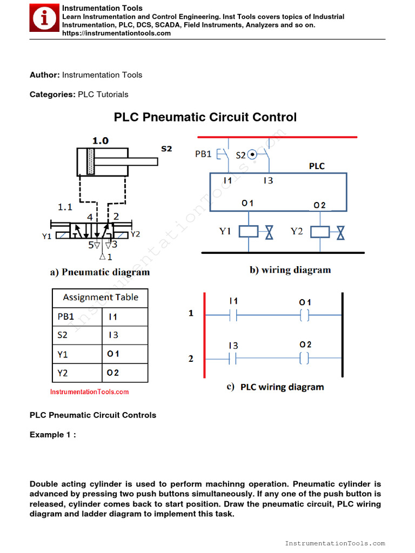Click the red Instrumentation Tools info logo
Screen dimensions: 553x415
pyautogui.click(x=45, y=19)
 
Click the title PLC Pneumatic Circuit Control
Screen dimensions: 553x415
pyautogui.click(x=205, y=117)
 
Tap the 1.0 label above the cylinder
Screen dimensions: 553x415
pyautogui.click(x=100, y=140)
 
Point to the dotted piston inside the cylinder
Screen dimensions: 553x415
pyautogui.click(x=90, y=161)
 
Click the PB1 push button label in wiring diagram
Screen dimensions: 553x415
pyautogui.click(x=203, y=154)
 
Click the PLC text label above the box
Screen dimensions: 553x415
pyautogui.click(x=317, y=166)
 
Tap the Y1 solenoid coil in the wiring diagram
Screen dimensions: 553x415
pyautogui.click(x=249, y=232)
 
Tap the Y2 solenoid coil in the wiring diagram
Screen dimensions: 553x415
pyautogui.click(x=321, y=232)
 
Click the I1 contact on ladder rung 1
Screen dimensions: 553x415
pyautogui.click(x=233, y=315)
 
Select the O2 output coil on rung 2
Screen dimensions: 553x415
pyautogui.click(x=305, y=358)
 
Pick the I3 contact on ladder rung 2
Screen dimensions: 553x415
pyautogui.click(x=233, y=358)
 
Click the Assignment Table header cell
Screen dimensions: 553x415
pyautogui.click(x=100, y=298)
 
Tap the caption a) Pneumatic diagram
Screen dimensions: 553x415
pyautogui.click(x=100, y=272)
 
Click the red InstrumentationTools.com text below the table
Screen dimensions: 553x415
pyautogui.click(x=90, y=392)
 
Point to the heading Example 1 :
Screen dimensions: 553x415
pyautogui.click(x=52, y=435)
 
